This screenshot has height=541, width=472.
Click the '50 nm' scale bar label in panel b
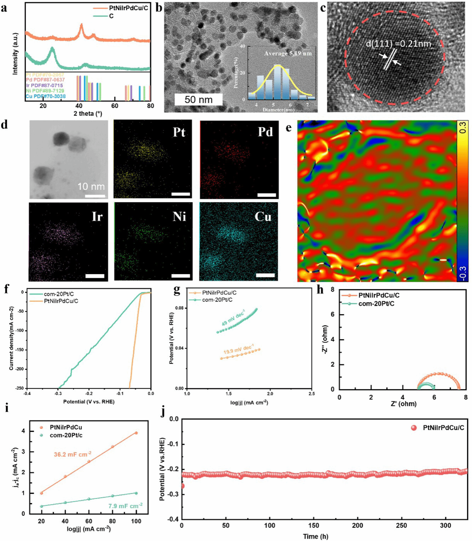(198, 100)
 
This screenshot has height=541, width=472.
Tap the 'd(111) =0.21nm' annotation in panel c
(398, 44)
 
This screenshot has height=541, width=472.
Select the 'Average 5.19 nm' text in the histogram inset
(288, 54)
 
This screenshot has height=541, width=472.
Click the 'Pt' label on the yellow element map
(179, 132)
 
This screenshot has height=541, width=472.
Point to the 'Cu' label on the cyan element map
(263, 217)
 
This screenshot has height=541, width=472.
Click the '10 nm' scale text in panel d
(91, 186)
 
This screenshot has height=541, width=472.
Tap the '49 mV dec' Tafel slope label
(233, 318)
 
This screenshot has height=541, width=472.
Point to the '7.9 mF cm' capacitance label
(125, 506)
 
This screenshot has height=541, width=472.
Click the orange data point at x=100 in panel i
(136, 433)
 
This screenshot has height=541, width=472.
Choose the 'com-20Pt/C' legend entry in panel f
(59, 294)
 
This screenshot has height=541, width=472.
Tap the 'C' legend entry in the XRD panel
(111, 16)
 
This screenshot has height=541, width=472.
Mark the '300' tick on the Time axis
(445, 525)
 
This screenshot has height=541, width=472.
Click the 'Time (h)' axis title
(315, 536)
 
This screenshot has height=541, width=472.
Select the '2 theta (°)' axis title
(88, 113)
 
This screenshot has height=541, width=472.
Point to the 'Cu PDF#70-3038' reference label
(45, 96)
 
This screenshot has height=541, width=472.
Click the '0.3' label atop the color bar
(463, 128)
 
